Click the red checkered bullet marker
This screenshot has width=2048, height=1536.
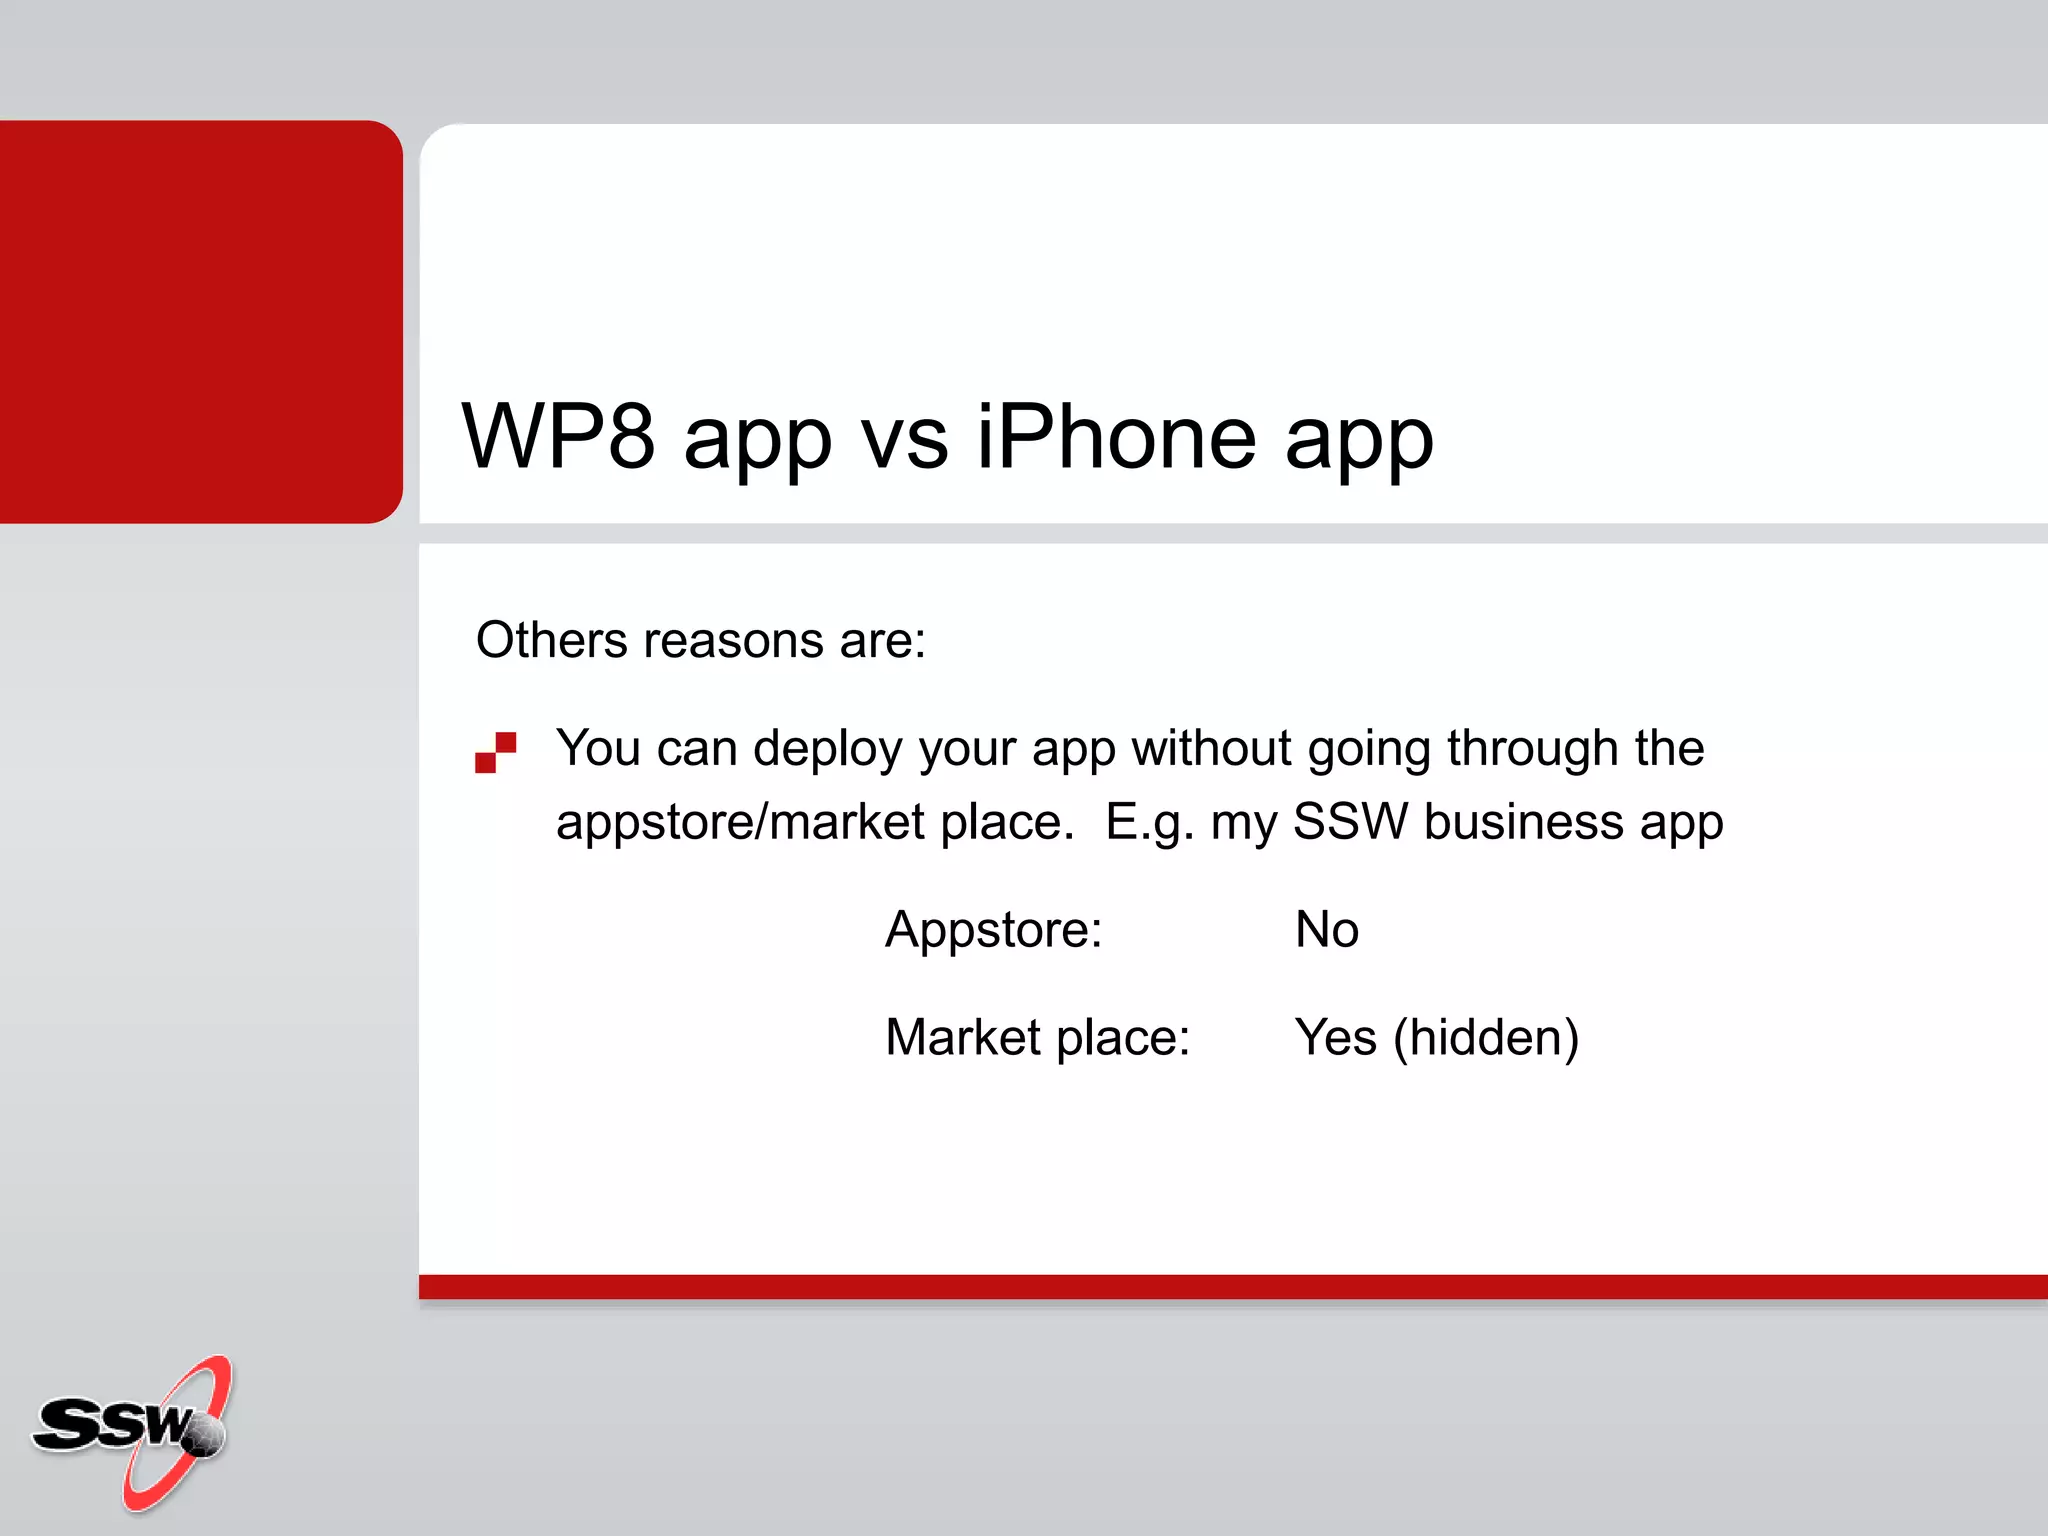click(x=495, y=752)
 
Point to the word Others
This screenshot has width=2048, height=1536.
click(x=551, y=640)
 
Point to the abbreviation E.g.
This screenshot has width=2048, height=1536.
click(x=1150, y=823)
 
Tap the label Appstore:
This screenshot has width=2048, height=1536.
click(x=993, y=930)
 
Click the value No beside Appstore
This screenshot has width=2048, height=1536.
click(x=1326, y=929)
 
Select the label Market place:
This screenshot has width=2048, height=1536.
click(x=1037, y=1037)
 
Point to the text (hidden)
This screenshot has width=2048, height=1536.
click(x=1486, y=1038)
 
